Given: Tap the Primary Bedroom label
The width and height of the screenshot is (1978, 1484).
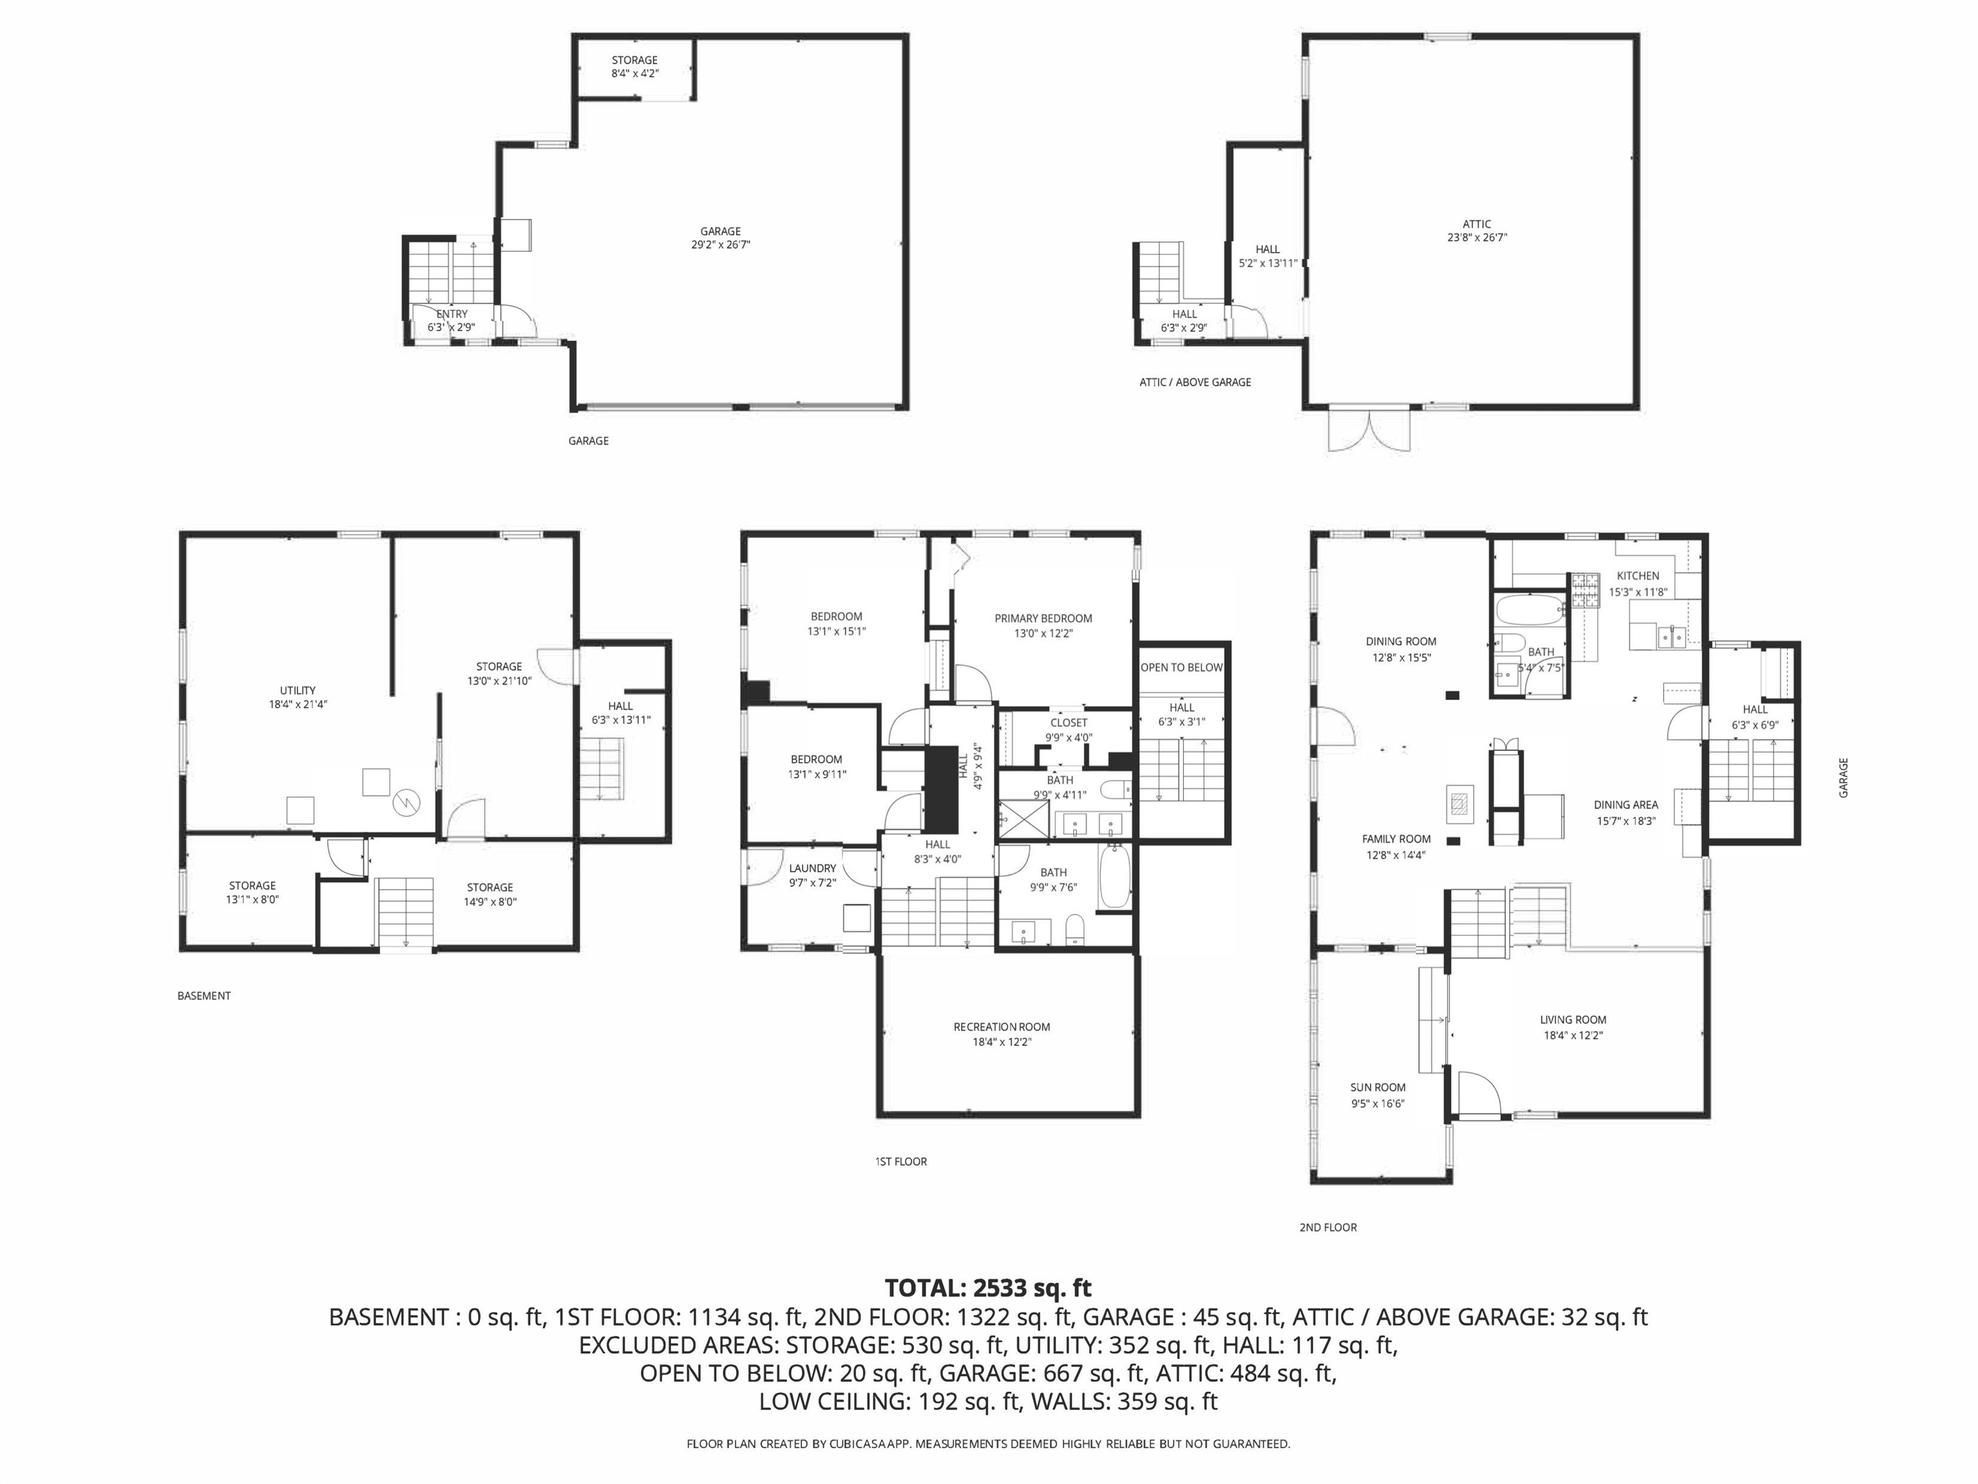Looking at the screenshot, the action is coord(1043,618).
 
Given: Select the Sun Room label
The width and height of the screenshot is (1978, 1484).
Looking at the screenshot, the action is coord(1378,1088).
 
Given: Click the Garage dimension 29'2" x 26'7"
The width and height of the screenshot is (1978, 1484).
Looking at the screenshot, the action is coord(721,244).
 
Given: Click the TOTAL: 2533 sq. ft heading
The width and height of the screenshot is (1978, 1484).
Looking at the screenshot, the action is coord(988,1288).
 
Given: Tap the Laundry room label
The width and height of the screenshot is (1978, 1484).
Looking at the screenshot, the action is coord(813,868).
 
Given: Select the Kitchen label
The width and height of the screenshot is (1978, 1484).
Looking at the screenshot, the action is coord(1638,576).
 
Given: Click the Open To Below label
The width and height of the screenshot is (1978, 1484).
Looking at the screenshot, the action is coord(1182,668).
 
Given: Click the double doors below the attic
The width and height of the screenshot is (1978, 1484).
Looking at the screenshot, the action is coord(1370,431).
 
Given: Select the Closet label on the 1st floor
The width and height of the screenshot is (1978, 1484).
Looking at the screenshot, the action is coord(1069,723).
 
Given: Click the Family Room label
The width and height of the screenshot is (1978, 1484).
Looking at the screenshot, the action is coord(1396,839).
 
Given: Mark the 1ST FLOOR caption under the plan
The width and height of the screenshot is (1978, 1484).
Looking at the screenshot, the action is coord(900,1161).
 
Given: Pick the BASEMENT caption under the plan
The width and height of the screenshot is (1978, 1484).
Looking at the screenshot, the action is coord(204,996).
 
